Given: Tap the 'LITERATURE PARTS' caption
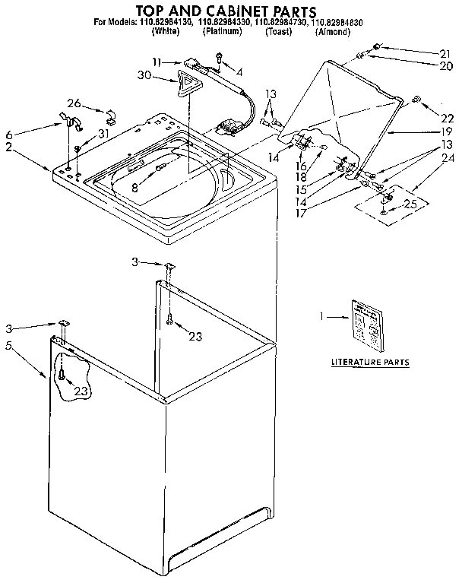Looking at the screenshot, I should [370, 363].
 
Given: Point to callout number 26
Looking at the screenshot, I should [73, 103].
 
